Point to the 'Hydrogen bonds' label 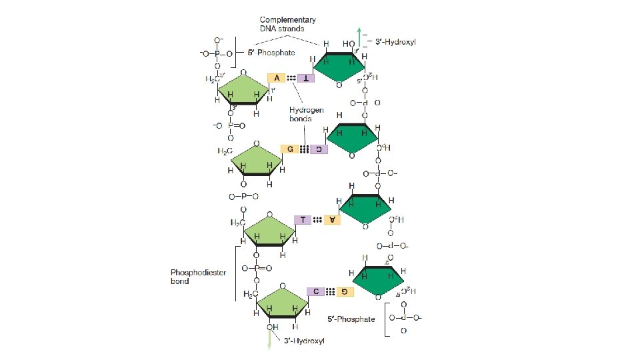tap(301, 114)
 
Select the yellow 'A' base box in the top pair tap(275, 77)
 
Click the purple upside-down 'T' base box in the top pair tap(306, 78)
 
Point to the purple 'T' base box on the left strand tap(303, 219)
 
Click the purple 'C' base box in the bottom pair tap(315, 291)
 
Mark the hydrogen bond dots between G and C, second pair tap(304, 149)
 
